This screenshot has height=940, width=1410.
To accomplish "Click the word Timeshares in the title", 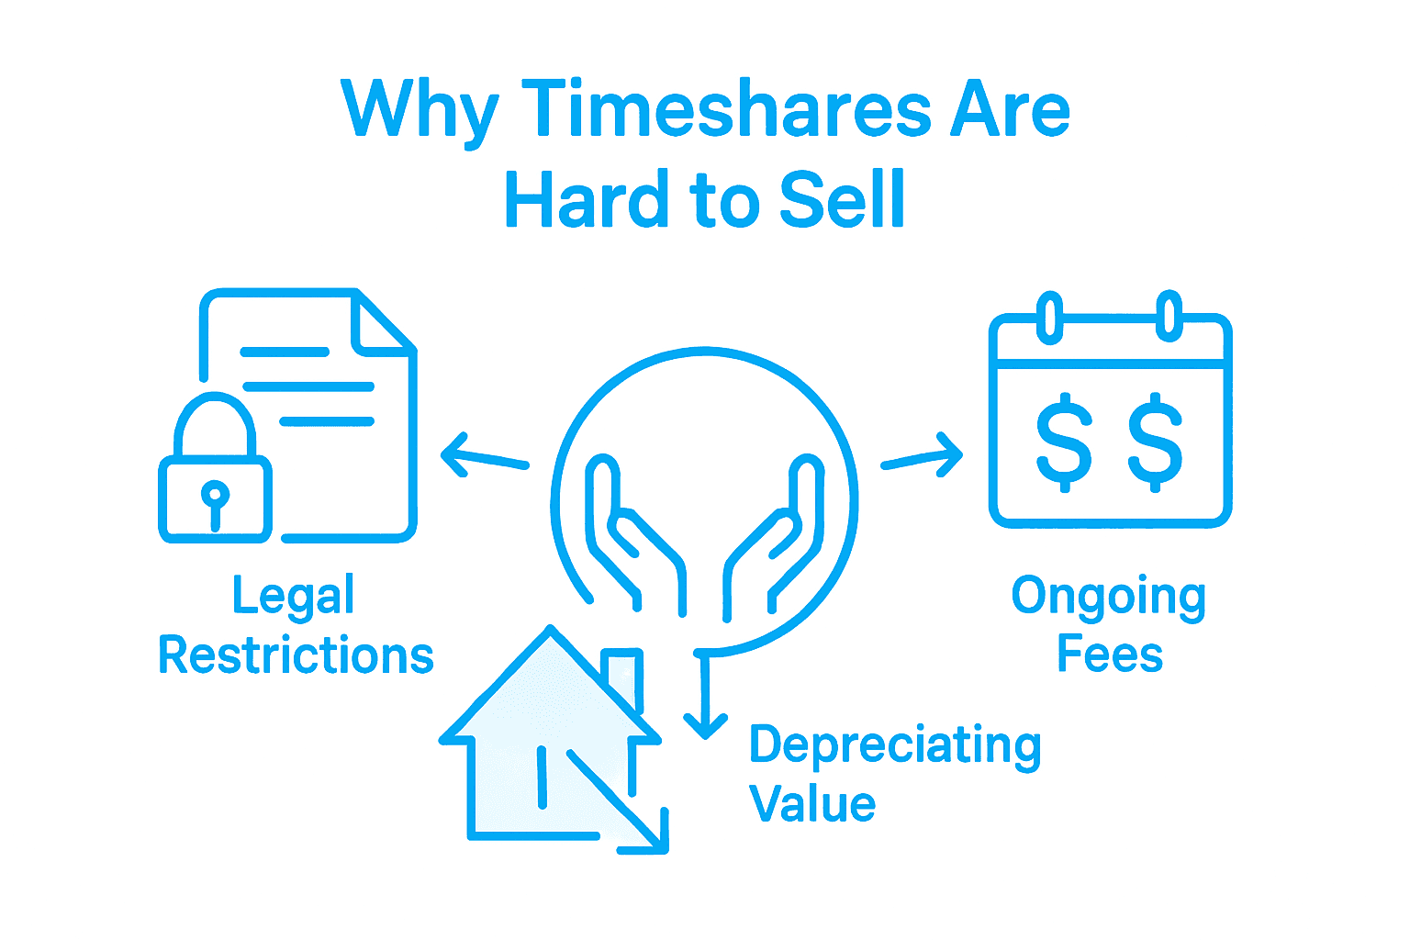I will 725,110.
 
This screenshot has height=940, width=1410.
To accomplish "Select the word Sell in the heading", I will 842,200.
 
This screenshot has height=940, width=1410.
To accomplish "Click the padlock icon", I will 216,477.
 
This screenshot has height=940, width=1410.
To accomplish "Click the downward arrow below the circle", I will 704,698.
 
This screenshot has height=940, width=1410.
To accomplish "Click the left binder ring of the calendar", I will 1050,316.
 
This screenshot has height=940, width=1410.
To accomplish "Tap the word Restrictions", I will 296,655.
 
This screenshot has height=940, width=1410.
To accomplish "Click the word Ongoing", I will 1109,598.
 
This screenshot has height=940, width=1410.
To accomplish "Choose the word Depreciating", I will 895,745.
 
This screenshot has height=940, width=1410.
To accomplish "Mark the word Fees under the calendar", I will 1110,655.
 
